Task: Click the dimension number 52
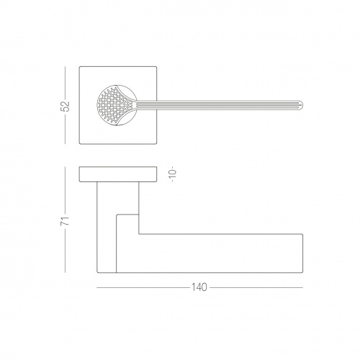point(66,106)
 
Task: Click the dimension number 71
point(66,220)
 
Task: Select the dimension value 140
point(199,287)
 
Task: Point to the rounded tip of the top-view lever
point(302,105)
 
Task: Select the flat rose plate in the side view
point(118,174)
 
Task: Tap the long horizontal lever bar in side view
point(209,253)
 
